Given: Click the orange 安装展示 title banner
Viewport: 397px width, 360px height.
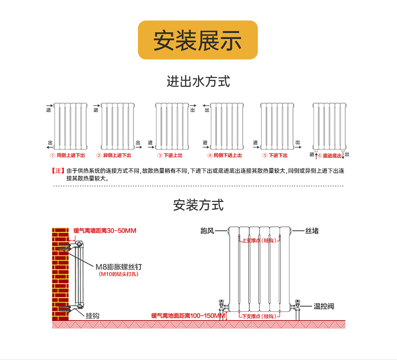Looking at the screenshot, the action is click(x=198, y=40).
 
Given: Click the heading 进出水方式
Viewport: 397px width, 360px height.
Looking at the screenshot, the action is click(x=198, y=81).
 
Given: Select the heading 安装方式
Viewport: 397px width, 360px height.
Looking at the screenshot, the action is click(x=198, y=205).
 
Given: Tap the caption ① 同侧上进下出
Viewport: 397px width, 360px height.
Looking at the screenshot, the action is click(x=70, y=155).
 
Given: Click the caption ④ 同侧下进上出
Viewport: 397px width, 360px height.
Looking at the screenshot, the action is click(x=225, y=155).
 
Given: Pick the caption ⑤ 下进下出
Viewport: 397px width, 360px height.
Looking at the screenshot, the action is click(x=275, y=155).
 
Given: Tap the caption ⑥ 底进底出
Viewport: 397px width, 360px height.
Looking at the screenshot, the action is click(x=329, y=156).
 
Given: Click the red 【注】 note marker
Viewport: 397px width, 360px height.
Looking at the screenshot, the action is click(x=58, y=171).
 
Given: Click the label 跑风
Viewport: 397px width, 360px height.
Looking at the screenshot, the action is click(x=207, y=231).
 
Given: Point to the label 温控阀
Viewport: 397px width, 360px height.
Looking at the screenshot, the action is click(x=324, y=306).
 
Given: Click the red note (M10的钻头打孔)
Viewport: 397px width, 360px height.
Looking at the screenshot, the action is click(x=119, y=275).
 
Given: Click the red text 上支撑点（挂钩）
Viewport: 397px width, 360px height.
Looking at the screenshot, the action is click(x=259, y=241).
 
